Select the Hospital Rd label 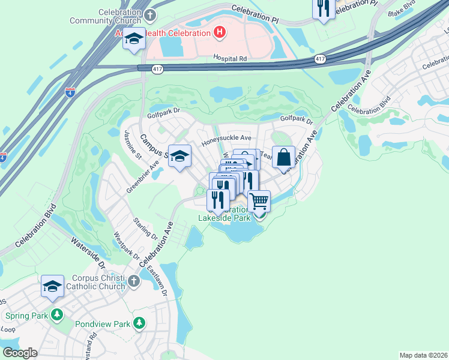pos(230,58)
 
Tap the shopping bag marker pos(284,157)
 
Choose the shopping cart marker pos(259,201)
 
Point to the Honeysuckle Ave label pos(226,138)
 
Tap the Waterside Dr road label pos(88,251)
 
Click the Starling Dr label pos(145,227)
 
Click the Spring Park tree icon pos(57,314)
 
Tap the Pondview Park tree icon pos(139,324)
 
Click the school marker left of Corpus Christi pos(53,286)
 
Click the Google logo pos(20,353)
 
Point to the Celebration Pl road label pos(255,16)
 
